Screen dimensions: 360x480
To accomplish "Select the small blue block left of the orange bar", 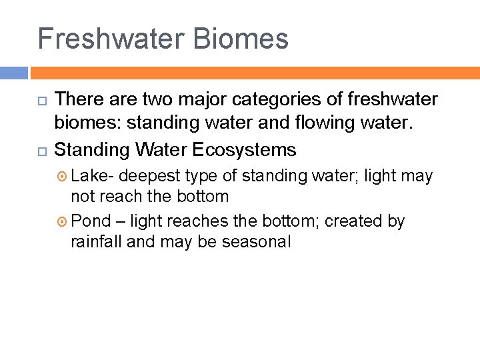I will (14, 73).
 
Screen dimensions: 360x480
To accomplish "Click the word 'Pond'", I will (91, 221).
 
